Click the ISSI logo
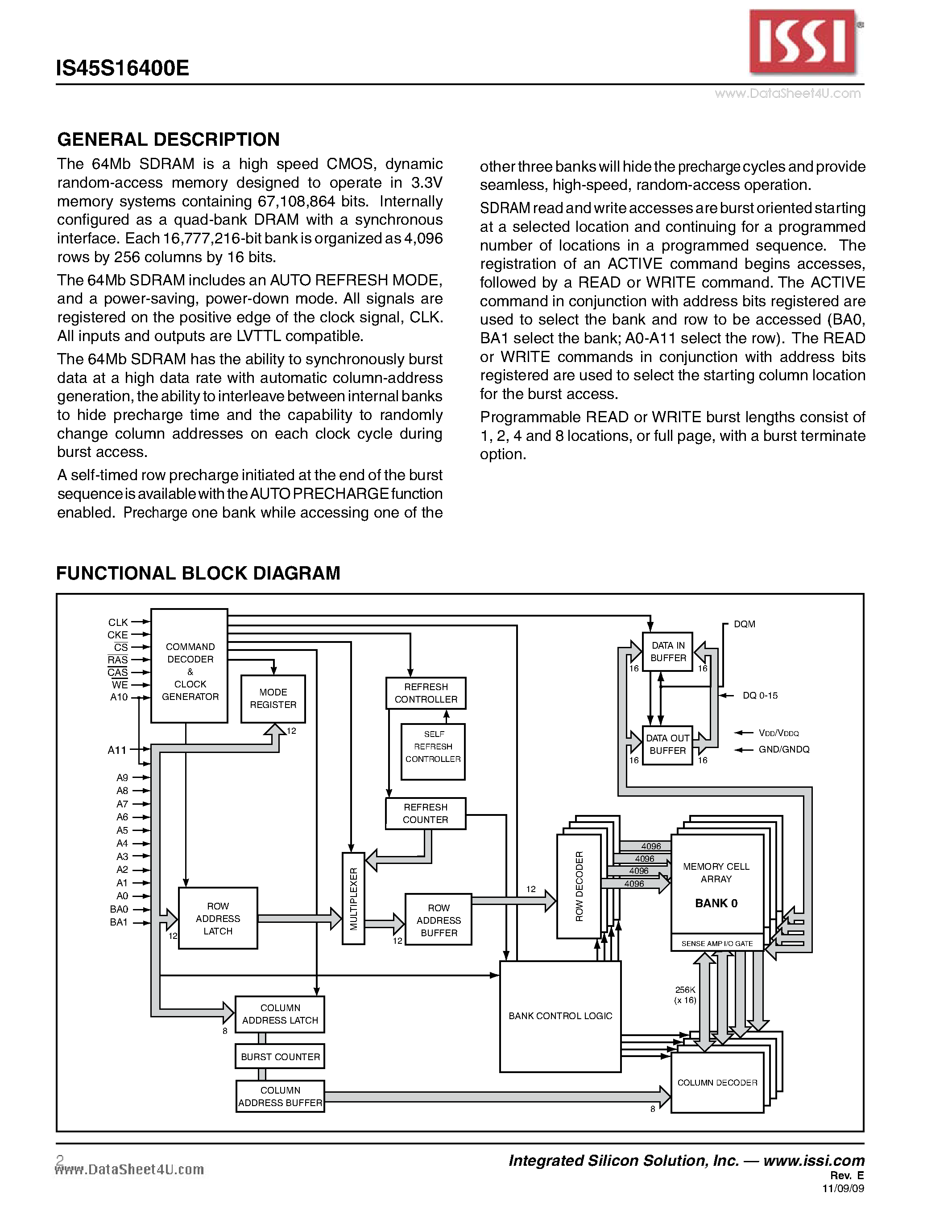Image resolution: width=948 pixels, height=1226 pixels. tap(803, 42)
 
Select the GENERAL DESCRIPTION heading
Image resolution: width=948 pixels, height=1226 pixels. tap(169, 139)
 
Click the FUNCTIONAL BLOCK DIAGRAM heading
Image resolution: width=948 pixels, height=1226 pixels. tap(198, 573)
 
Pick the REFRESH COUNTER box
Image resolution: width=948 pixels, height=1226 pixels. tap(425, 814)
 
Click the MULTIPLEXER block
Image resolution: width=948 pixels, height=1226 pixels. tap(353, 898)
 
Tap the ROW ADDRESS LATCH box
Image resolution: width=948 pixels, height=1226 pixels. tap(218, 918)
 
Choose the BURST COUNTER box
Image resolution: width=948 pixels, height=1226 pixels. tap(280, 1057)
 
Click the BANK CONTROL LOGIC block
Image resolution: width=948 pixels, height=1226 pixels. tap(560, 1016)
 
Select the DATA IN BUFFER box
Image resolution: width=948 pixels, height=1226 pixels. tap(668, 652)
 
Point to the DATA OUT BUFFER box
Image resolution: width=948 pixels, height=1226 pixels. tap(667, 745)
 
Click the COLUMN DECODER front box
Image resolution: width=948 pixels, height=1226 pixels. tap(717, 1082)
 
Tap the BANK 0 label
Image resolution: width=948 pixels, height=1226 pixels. tap(716, 903)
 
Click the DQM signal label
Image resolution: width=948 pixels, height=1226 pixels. tap(744, 624)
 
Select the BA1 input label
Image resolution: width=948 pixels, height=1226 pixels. tap(119, 922)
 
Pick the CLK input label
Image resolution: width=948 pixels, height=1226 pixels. tap(118, 622)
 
